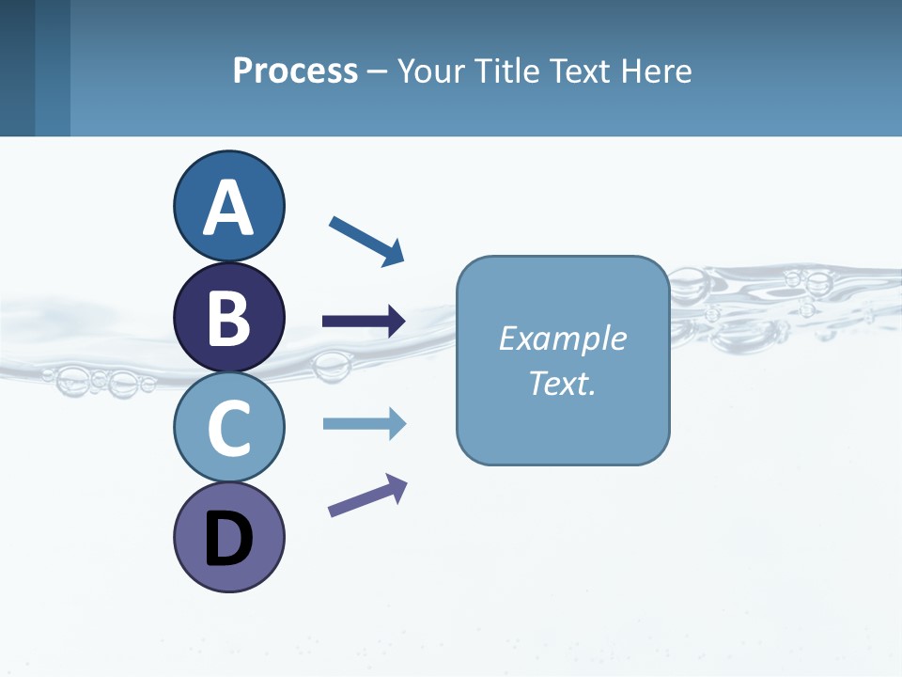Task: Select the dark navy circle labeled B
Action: click(228, 317)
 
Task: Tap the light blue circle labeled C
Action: click(228, 427)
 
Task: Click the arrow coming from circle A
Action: click(366, 241)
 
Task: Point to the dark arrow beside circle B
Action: click(364, 322)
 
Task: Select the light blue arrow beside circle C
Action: click(364, 424)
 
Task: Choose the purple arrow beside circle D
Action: click(367, 496)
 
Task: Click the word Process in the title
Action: click(295, 71)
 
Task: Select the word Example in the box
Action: click(562, 338)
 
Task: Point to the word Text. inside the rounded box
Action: click(562, 383)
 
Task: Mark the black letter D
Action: click(228, 539)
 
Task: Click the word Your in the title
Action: click(428, 71)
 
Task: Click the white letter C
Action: click(228, 428)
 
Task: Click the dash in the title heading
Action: click(377, 72)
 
